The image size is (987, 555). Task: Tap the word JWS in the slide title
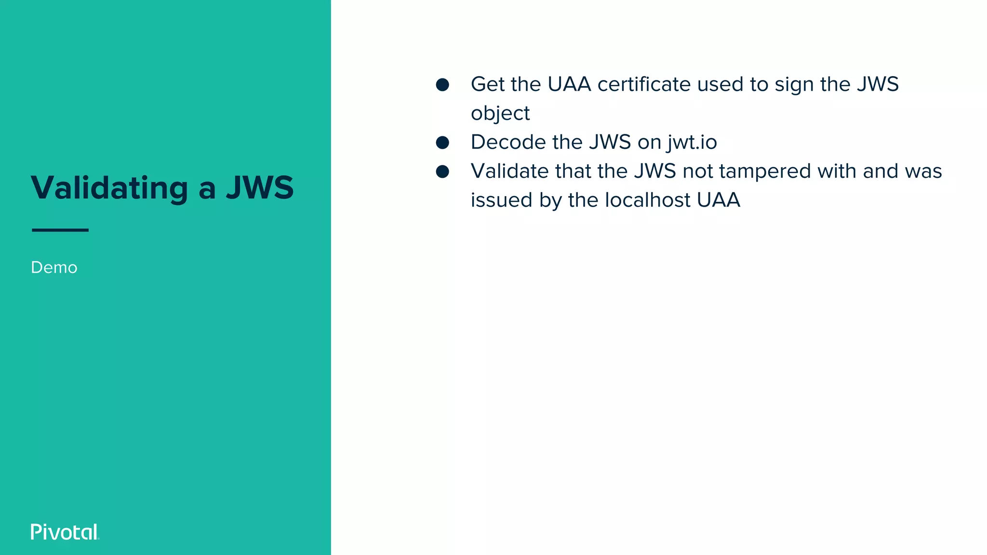[260, 187]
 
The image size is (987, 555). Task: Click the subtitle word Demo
[54, 267]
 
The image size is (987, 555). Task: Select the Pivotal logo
[65, 532]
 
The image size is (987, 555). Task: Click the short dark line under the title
[60, 230]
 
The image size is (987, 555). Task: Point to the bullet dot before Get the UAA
[442, 85]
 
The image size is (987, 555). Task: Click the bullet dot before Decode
[442, 143]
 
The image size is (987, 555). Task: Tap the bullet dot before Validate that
[442, 172]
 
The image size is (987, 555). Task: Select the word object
[500, 114]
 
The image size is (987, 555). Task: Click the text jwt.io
[692, 143]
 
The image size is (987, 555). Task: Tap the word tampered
[765, 172]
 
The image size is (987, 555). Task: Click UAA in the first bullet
[569, 84]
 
